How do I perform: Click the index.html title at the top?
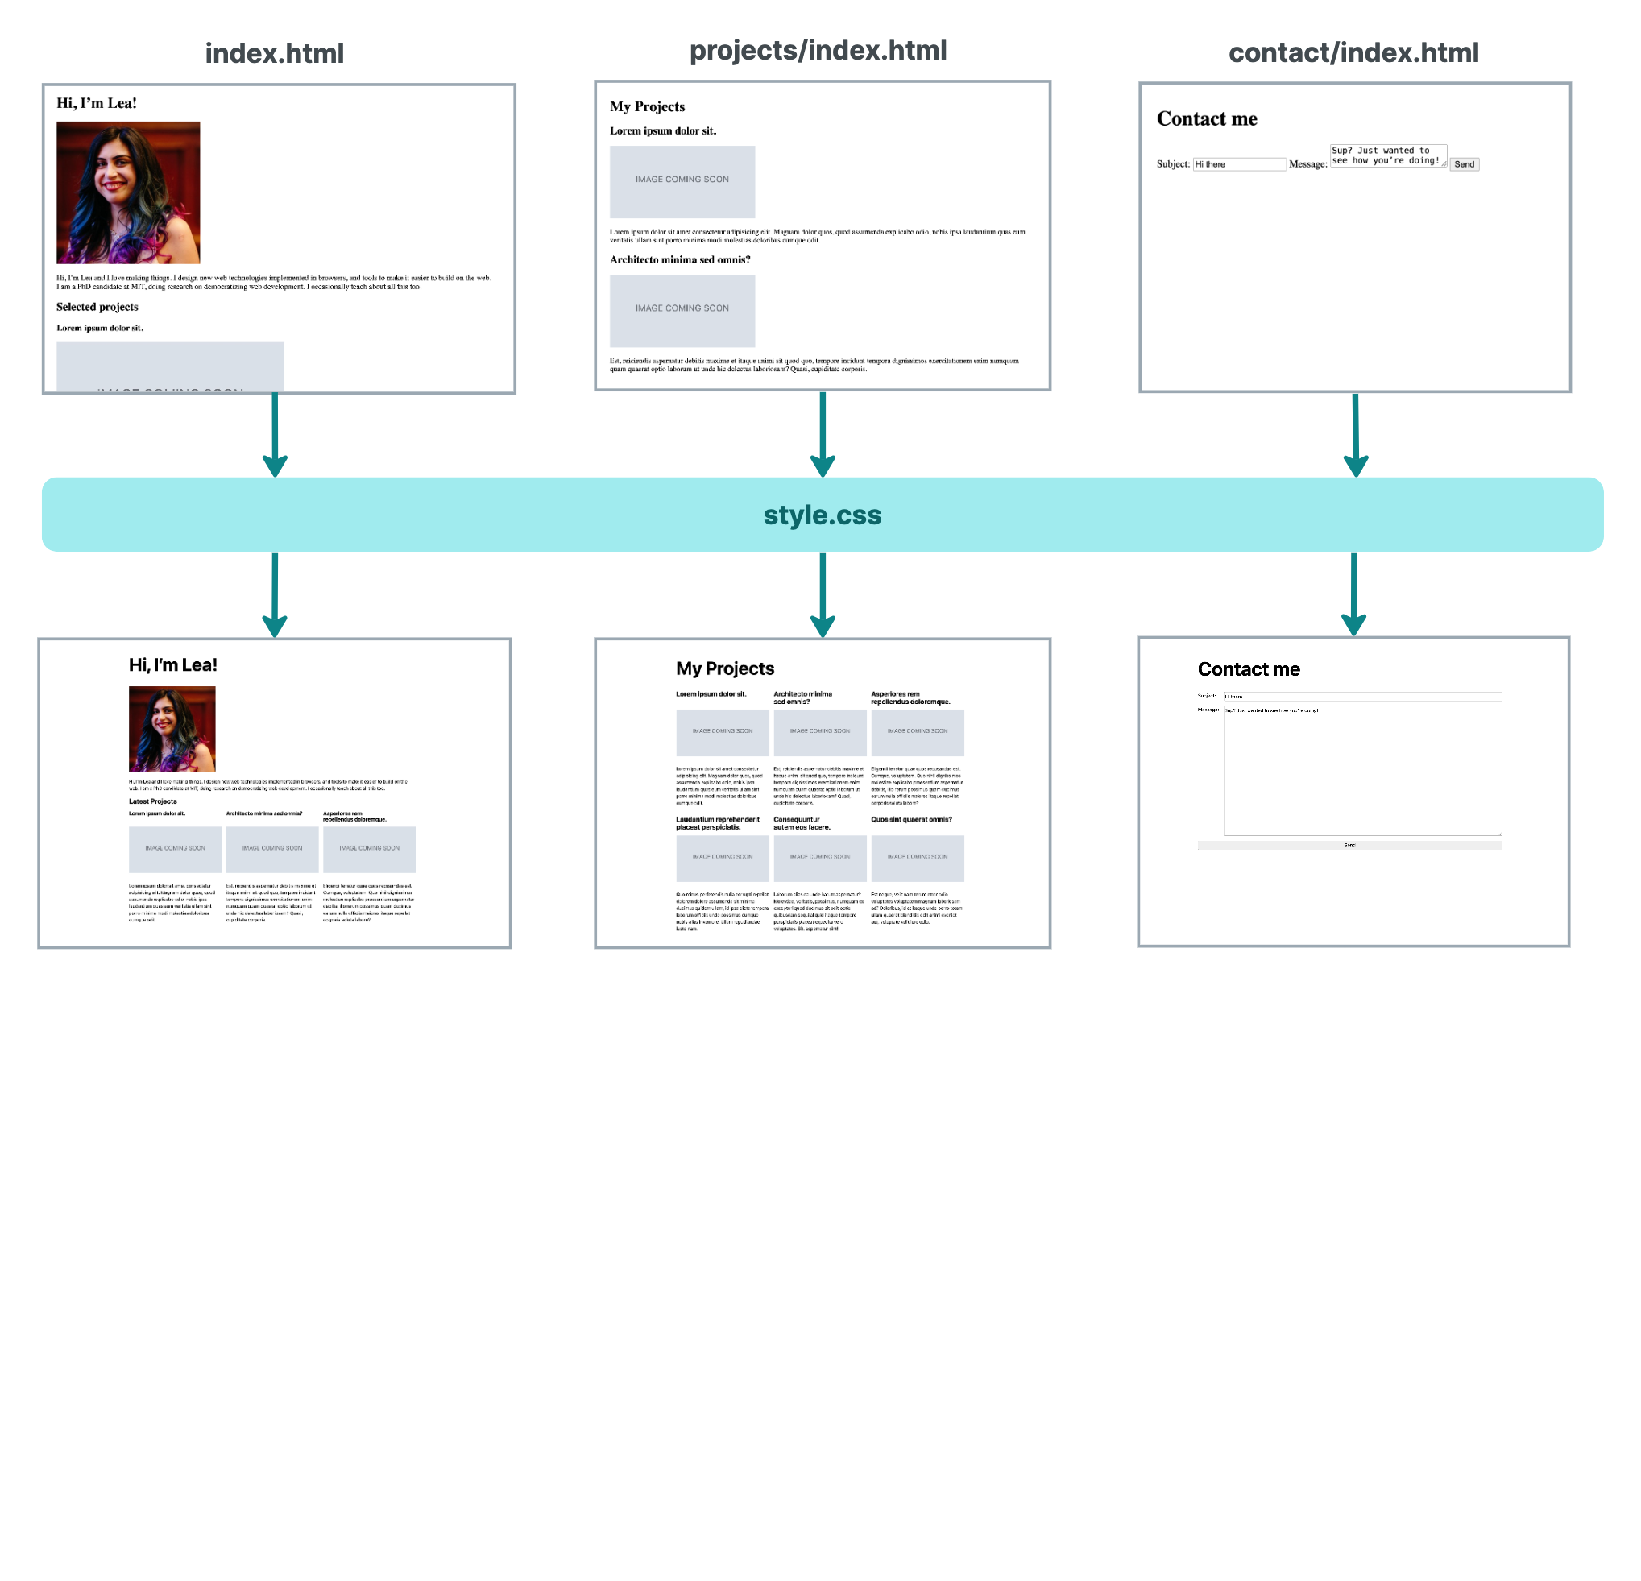click(274, 54)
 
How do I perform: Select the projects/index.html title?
click(817, 50)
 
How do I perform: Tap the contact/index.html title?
click(1352, 52)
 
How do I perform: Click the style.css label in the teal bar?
click(822, 515)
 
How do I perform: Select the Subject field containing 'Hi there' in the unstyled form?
click(1238, 164)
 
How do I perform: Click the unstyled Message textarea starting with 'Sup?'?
click(1386, 155)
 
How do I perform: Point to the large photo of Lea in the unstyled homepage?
click(128, 192)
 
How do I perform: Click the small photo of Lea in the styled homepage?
click(172, 728)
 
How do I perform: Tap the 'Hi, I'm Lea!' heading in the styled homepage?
click(172, 664)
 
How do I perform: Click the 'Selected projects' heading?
click(97, 307)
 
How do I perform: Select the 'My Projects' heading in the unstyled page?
click(646, 106)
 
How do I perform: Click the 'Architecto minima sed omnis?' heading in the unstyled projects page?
click(679, 259)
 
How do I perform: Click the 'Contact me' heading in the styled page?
click(1248, 668)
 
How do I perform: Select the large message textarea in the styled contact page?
click(1361, 770)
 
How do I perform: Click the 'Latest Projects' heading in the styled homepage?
click(152, 801)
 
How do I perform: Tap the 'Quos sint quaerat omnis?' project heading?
click(910, 819)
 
